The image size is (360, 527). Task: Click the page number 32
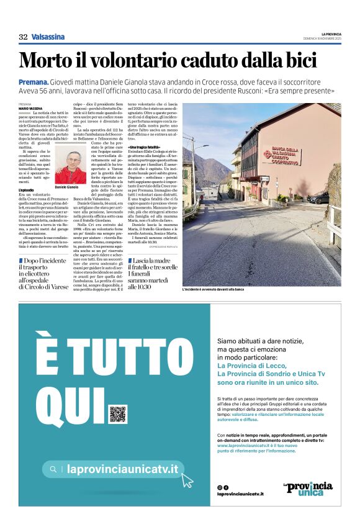[23, 37]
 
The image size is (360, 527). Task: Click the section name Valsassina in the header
[48, 37]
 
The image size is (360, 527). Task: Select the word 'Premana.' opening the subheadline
[34, 81]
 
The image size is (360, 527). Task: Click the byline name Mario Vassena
[31, 108]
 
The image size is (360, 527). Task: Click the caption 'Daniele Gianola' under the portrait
[66, 187]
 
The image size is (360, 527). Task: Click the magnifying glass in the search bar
[53, 469]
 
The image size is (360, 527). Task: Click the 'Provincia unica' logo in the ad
[308, 488]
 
